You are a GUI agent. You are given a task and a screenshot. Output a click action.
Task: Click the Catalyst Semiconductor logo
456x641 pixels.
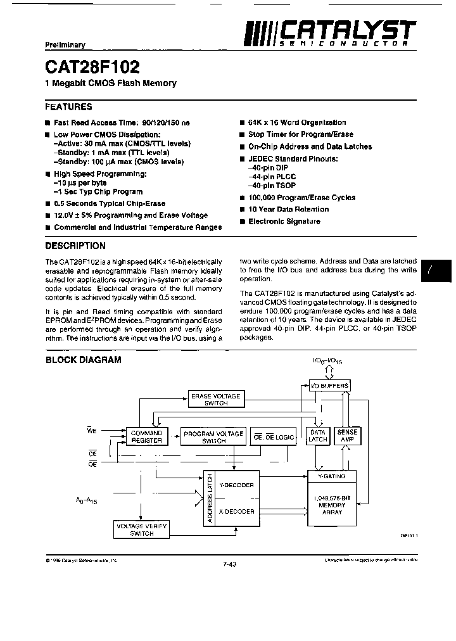pyautogui.click(x=329, y=32)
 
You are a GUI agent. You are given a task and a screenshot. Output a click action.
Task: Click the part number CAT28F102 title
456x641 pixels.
pyautogui.click(x=92, y=67)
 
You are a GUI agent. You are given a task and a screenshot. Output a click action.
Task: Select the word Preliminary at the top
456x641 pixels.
pyautogui.click(x=65, y=45)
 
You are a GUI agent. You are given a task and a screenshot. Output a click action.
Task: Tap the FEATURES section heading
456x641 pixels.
pyautogui.click(x=68, y=107)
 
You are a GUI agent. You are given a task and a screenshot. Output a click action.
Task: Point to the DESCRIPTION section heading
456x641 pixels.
pyautogui.click(x=75, y=246)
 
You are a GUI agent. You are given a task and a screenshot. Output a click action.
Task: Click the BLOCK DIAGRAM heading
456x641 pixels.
pyautogui.click(x=83, y=360)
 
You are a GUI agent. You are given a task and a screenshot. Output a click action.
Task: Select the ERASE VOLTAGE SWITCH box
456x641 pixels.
pyautogui.click(x=216, y=400)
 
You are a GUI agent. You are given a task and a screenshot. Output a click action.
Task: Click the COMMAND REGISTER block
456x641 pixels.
pyautogui.click(x=146, y=437)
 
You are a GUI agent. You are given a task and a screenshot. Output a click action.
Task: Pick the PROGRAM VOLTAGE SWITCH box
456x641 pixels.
pyautogui.click(x=213, y=437)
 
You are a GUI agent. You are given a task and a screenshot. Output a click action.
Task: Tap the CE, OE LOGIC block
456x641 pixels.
pyautogui.click(x=274, y=437)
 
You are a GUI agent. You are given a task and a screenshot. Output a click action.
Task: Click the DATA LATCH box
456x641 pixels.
pyautogui.click(x=317, y=436)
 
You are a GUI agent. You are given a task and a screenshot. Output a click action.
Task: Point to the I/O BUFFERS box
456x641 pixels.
pyautogui.click(x=329, y=385)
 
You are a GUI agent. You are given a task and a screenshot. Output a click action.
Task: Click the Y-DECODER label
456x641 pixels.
pyautogui.click(x=236, y=485)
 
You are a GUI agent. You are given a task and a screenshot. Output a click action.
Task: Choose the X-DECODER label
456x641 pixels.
pyautogui.click(x=236, y=511)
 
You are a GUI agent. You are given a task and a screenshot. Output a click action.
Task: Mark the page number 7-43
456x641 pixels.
pyautogui.click(x=229, y=565)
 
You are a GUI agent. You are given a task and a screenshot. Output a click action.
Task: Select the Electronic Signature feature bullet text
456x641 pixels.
pyautogui.click(x=284, y=222)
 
